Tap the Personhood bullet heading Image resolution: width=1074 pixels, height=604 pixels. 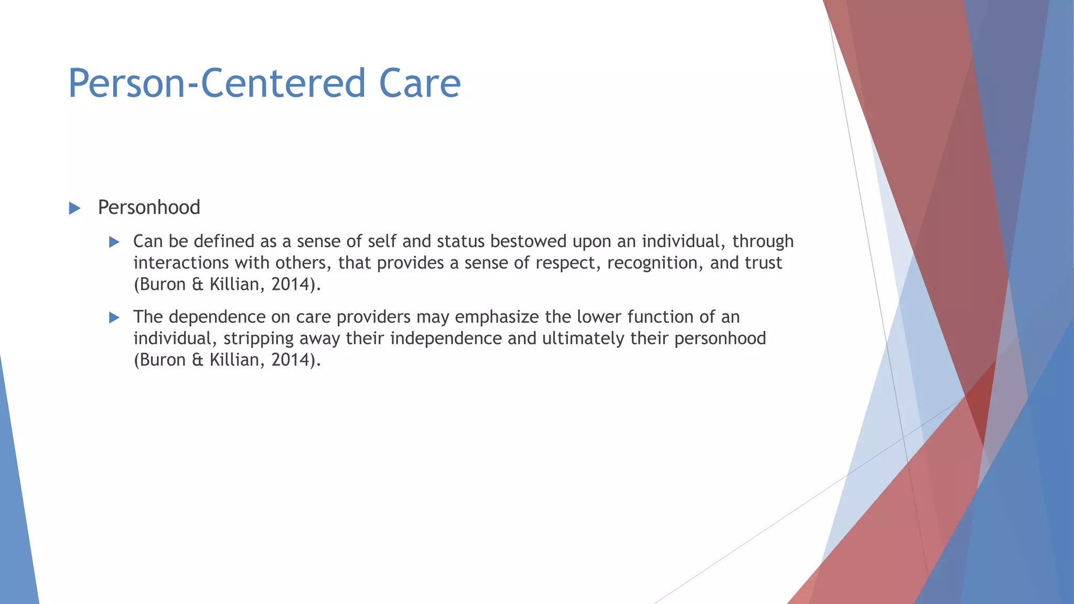(149, 208)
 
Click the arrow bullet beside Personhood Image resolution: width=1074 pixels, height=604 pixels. (74, 208)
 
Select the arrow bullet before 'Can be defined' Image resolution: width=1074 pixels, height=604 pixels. (114, 242)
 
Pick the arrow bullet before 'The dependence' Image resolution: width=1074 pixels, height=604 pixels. (114, 317)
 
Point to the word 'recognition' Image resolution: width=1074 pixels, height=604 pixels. (654, 263)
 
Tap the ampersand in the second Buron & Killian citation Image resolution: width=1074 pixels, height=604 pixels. (197, 360)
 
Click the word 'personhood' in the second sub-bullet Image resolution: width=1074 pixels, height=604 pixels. (720, 339)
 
